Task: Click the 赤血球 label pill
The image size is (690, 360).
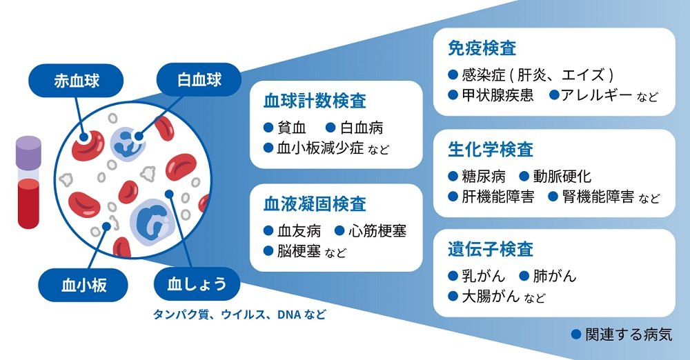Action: (x=75, y=81)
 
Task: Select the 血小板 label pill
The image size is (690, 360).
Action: (x=83, y=283)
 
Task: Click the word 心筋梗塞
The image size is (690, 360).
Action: (x=377, y=230)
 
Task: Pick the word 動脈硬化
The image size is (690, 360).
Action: (x=563, y=177)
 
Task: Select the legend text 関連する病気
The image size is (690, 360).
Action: (x=628, y=334)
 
